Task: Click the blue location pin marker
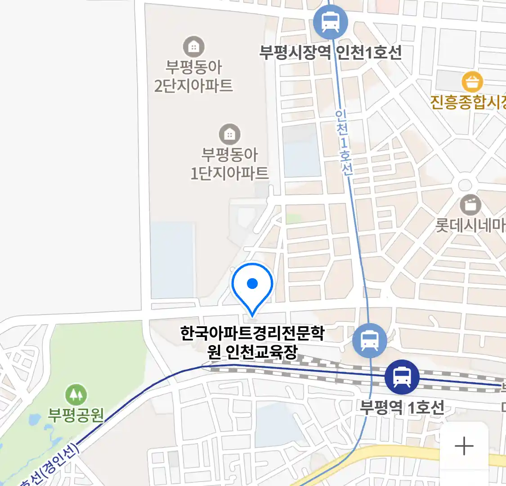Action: [252, 286]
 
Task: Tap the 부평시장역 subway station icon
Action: [331, 22]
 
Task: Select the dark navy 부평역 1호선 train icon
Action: [402, 377]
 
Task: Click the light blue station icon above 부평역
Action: [369, 341]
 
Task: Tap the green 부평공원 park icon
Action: [76, 395]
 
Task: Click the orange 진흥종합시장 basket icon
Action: [472, 82]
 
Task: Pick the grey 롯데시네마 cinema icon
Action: [470, 205]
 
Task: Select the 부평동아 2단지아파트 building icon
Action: [193, 46]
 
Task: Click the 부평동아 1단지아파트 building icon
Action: [229, 134]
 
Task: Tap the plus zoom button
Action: [464, 446]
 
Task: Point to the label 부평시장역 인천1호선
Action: [331, 53]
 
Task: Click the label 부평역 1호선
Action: [402, 407]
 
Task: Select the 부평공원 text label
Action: [76, 415]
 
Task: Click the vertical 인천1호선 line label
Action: [344, 142]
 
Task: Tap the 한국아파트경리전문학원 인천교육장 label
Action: [252, 342]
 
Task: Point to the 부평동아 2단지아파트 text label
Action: [193, 76]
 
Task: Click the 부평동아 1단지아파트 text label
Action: [229, 164]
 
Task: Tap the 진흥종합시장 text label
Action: [468, 102]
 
